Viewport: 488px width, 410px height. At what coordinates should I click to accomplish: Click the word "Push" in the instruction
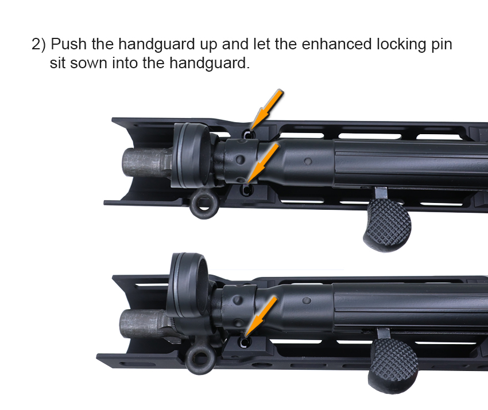[68, 44]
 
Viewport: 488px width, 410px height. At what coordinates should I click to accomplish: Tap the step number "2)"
[38, 45]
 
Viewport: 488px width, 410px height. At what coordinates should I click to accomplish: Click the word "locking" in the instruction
[401, 45]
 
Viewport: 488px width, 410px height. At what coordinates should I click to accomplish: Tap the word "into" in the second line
[125, 63]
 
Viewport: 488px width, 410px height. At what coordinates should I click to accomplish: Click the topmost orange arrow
[267, 109]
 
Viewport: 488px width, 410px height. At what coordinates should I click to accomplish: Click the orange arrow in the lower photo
[261, 316]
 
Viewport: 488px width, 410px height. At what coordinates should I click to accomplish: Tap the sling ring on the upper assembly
[204, 204]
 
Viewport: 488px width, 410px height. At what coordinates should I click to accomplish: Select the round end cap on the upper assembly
[191, 155]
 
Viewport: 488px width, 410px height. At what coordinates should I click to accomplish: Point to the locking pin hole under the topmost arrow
[249, 135]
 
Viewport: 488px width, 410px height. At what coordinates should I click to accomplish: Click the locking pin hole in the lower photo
[245, 342]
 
